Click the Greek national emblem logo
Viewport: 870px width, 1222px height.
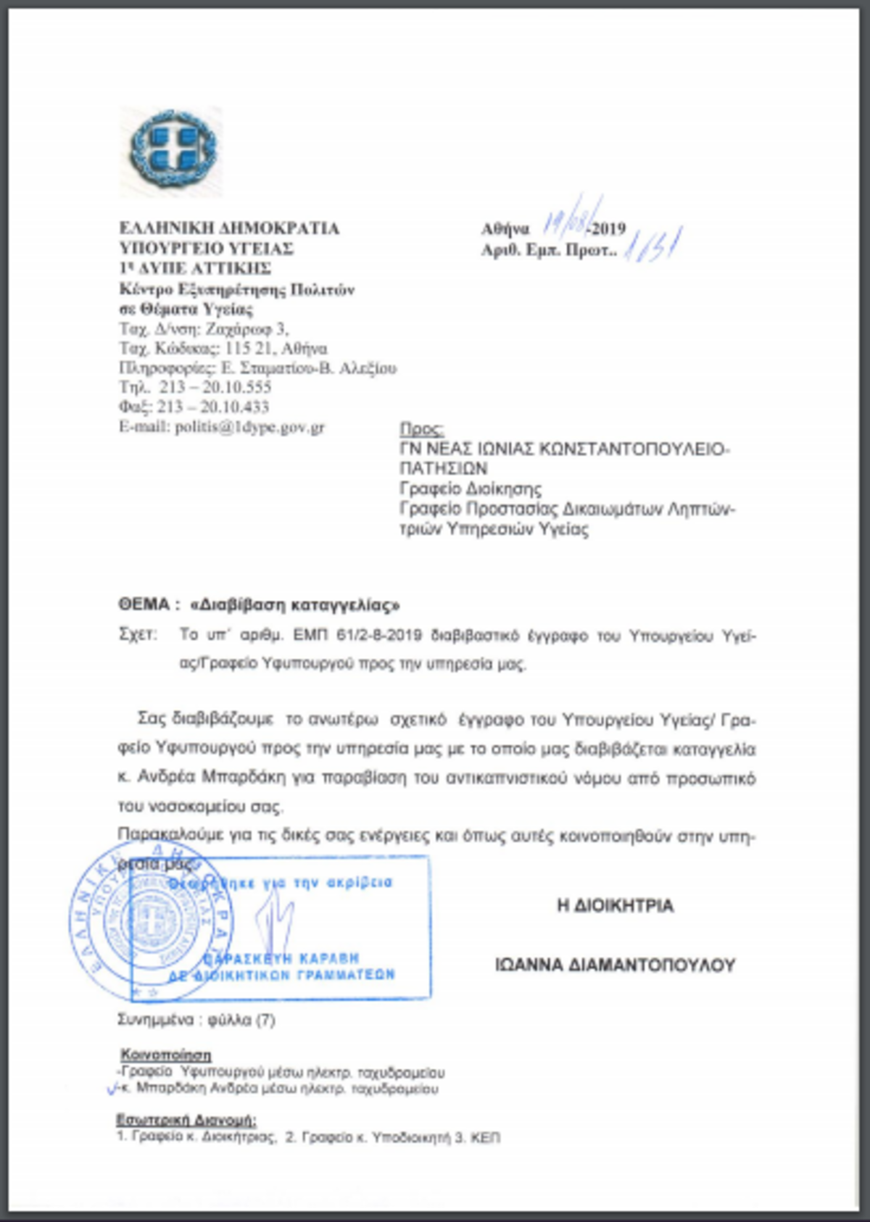point(172,151)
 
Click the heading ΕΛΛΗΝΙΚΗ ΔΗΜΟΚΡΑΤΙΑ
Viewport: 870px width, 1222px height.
point(229,228)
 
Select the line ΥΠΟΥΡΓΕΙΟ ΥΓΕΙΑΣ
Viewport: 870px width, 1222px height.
point(207,249)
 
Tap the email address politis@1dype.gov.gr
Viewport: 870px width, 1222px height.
point(249,427)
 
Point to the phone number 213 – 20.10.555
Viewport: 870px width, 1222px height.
point(215,387)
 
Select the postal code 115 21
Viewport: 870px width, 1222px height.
point(249,349)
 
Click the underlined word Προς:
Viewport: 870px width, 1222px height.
point(421,429)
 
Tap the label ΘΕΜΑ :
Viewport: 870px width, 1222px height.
point(149,604)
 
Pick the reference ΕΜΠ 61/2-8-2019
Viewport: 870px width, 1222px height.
point(357,636)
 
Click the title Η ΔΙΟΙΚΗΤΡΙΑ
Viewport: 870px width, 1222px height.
point(615,906)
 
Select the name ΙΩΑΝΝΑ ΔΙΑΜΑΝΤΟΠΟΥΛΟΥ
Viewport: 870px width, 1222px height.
point(615,965)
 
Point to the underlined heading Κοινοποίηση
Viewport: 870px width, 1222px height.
point(166,1055)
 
